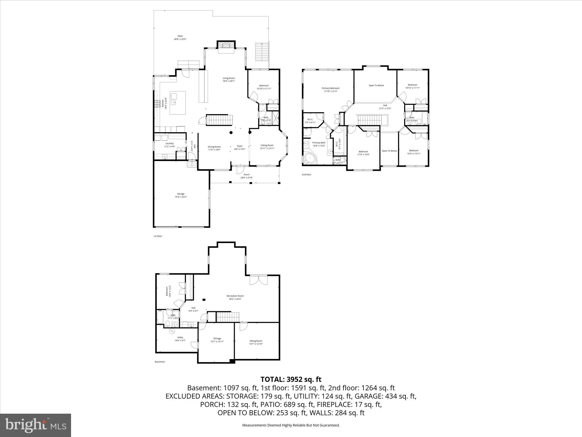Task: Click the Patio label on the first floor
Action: click(x=180, y=38)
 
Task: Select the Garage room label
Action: click(x=181, y=195)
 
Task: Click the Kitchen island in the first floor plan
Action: click(x=178, y=103)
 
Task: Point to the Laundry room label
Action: click(x=169, y=145)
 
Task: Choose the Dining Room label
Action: click(x=214, y=148)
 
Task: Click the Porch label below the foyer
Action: click(x=246, y=176)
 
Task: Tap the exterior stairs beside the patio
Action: click(x=261, y=51)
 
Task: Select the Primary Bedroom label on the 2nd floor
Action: click(x=331, y=90)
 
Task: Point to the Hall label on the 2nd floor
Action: click(x=385, y=107)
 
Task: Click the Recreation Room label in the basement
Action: click(x=235, y=297)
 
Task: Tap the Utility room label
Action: click(x=180, y=339)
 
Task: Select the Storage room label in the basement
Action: click(x=217, y=340)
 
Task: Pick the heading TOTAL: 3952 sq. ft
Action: click(x=291, y=379)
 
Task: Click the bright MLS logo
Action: click(x=36, y=425)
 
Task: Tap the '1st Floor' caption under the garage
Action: click(x=157, y=236)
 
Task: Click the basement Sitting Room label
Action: click(x=256, y=342)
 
